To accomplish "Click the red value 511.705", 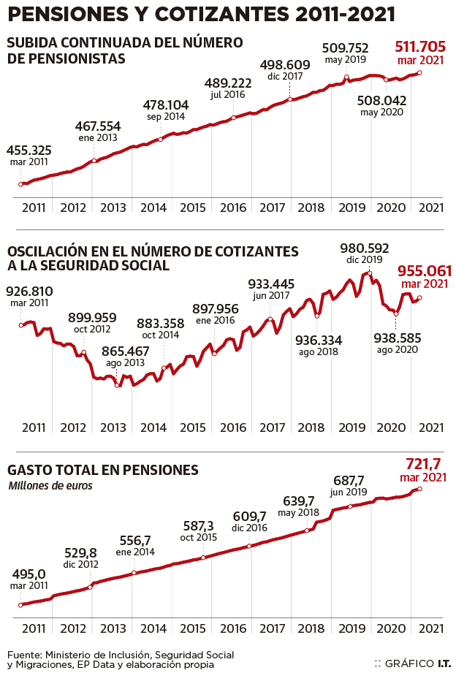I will coord(420,47).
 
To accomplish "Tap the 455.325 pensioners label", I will coord(28,151).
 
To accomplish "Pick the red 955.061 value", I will coord(424,271).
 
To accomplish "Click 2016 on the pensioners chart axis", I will coord(232,208).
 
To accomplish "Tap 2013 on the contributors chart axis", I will coord(113,427).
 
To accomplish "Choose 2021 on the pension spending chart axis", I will coord(431,628).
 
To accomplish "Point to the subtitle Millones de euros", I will coord(50,485).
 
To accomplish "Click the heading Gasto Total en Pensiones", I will coord(102,469).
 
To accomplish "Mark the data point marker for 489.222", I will coord(233,118).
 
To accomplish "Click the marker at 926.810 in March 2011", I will coord(21,324).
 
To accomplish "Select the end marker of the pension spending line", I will coord(419,488).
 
